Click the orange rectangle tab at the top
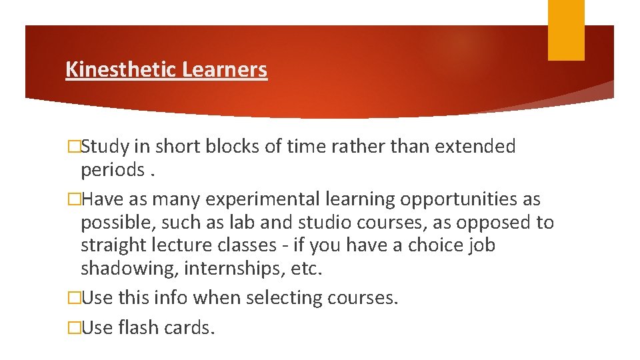(566, 30)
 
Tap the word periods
(111, 171)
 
